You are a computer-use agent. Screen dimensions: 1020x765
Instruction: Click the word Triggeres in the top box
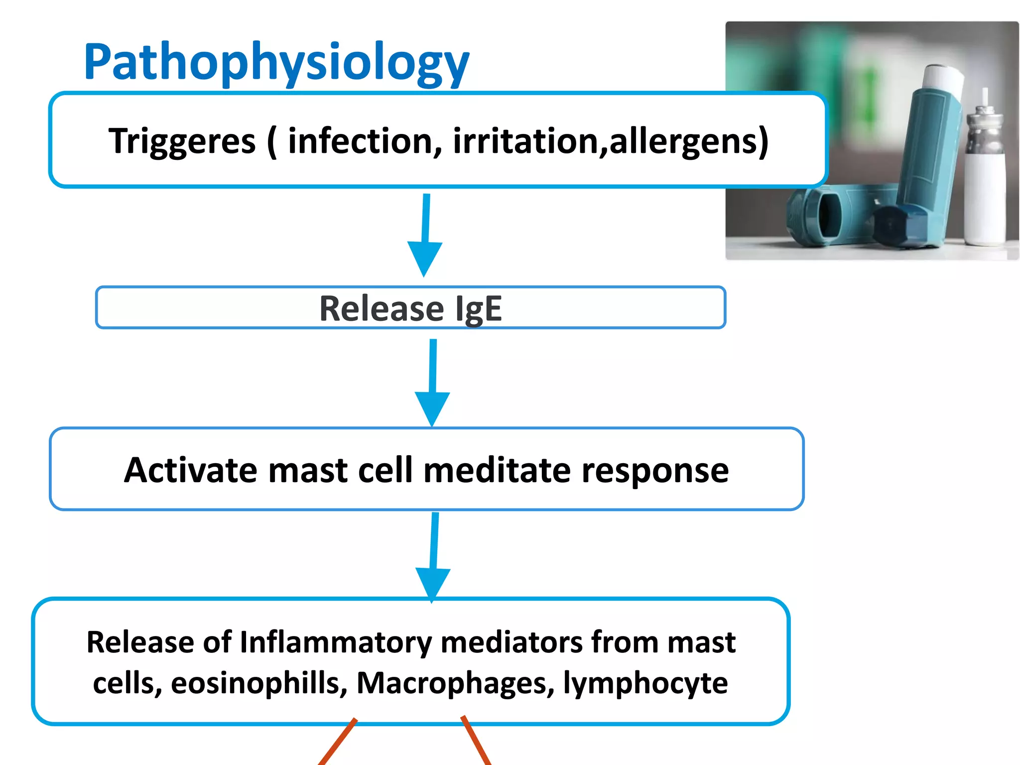(x=182, y=141)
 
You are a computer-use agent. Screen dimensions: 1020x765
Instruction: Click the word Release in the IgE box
(x=382, y=308)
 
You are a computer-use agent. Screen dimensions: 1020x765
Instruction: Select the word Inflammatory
(x=336, y=642)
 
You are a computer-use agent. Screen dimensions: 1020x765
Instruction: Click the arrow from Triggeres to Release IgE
(x=425, y=235)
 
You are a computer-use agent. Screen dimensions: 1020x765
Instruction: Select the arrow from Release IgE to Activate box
(x=433, y=382)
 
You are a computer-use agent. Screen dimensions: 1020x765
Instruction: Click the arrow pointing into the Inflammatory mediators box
(x=433, y=557)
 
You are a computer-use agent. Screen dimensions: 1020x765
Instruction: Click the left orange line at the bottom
(x=338, y=742)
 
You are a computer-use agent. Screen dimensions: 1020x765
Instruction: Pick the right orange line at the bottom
(x=477, y=741)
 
